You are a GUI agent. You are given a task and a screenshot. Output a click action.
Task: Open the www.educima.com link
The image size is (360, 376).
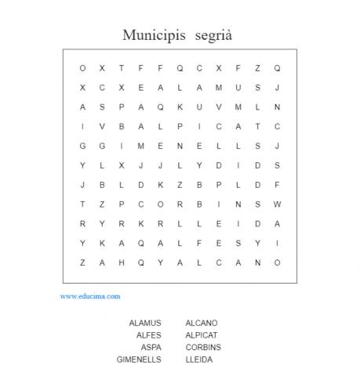(x=90, y=296)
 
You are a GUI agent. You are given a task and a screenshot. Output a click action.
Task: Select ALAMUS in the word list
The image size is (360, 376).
(x=145, y=323)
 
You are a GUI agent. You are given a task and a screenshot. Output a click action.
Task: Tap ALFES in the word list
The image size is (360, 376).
(x=148, y=335)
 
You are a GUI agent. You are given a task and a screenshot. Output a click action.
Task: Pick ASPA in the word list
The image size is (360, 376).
(x=151, y=347)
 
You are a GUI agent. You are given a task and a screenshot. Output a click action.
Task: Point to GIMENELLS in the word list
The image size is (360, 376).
(x=139, y=360)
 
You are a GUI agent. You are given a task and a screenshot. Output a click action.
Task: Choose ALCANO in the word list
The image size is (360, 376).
(x=202, y=323)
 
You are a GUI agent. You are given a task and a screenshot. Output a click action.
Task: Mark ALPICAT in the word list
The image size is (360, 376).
(x=202, y=335)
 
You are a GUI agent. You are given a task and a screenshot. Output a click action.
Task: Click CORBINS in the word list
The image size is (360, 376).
(x=203, y=347)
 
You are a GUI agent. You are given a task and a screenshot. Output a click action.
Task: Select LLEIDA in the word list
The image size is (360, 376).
(x=199, y=360)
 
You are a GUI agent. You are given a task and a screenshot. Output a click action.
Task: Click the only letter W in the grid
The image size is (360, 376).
(x=277, y=204)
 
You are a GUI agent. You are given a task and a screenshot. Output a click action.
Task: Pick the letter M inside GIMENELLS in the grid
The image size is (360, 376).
(x=140, y=146)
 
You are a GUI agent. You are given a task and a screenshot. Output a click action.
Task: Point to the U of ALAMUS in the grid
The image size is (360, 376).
(x=238, y=87)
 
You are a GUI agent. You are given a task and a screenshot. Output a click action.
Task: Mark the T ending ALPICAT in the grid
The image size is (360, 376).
(x=257, y=126)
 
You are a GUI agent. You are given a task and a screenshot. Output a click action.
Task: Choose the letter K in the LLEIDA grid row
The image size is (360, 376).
(x=140, y=223)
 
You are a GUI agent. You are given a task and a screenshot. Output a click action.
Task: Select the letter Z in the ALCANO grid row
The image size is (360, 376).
(x=82, y=262)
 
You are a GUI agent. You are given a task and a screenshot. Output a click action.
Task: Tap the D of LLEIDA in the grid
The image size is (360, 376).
(x=257, y=223)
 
